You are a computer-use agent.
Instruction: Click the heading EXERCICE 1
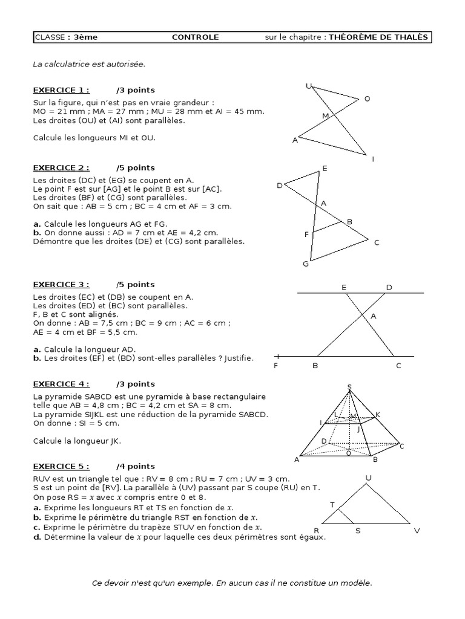tap(61, 90)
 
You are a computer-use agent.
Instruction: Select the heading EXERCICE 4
tap(61, 384)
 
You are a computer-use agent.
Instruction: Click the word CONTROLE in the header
tap(196, 37)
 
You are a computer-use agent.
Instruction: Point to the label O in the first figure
tap(367, 99)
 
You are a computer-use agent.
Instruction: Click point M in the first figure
tap(325, 115)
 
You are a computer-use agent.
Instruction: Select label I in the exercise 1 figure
tap(373, 159)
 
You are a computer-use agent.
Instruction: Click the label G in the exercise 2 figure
tap(306, 264)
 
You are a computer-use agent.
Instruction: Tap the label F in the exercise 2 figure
tap(306, 234)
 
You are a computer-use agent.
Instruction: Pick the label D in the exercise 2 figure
tap(280, 186)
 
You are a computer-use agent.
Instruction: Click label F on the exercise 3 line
tap(276, 366)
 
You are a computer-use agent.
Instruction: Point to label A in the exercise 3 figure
tap(373, 316)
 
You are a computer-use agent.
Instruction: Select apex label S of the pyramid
tap(349, 387)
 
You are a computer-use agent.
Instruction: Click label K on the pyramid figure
tap(378, 413)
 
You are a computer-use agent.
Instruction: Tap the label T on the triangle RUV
tap(332, 504)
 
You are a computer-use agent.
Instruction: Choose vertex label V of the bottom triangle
tap(417, 531)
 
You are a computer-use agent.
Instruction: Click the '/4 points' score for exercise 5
tap(136, 466)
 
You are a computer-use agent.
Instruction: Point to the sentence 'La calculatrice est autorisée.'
tap(90, 63)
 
